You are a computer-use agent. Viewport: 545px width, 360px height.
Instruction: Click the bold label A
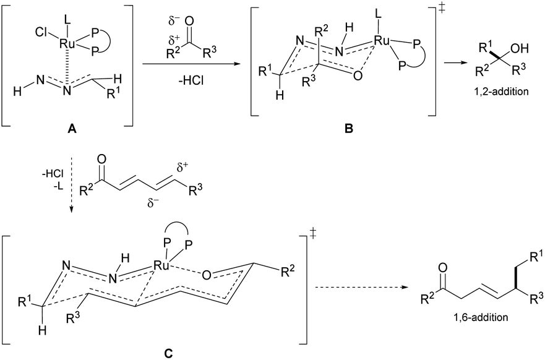pyautogui.click(x=72, y=129)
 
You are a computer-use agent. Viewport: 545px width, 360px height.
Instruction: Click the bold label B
pyautogui.click(x=348, y=129)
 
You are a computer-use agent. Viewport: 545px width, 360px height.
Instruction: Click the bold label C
pyautogui.click(x=168, y=353)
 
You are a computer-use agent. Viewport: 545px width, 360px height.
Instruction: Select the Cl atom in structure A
pyautogui.click(x=41, y=33)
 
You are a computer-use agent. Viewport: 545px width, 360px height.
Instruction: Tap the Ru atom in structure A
pyautogui.click(x=66, y=43)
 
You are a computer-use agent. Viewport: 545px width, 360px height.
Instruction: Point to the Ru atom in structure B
pyautogui.click(x=381, y=40)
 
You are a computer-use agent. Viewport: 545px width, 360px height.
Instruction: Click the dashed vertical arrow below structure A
pyautogui.click(x=72, y=182)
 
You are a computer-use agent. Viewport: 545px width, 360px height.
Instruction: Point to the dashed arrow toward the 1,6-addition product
pyautogui.click(x=361, y=288)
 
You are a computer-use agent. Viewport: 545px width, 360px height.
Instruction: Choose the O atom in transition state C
pyautogui.click(x=206, y=275)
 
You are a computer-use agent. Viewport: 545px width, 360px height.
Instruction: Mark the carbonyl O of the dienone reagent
pyautogui.click(x=101, y=160)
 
